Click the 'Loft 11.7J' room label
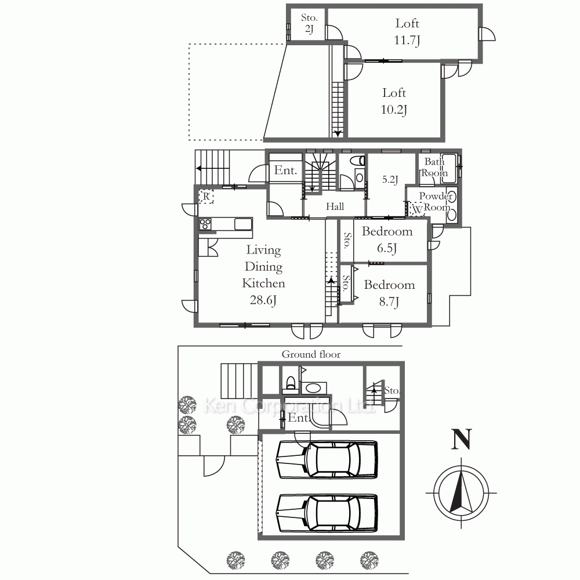point(407,31)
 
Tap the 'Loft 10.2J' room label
point(394,101)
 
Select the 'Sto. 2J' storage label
point(309,23)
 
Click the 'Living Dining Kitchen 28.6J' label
point(263,275)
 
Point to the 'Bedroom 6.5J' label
point(387,240)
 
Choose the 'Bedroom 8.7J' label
point(389,293)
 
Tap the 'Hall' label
point(335,206)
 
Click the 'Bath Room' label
point(434,167)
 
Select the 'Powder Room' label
point(436,201)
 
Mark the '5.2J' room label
point(390,180)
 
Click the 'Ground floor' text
point(311,354)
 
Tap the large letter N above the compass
point(461,439)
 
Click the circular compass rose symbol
point(461,493)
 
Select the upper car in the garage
point(327,459)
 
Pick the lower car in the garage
point(327,513)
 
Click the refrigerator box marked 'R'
point(206,197)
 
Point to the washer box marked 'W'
point(416,209)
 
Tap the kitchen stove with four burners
point(205,224)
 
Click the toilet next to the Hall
point(358,160)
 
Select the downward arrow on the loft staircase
point(338,134)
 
